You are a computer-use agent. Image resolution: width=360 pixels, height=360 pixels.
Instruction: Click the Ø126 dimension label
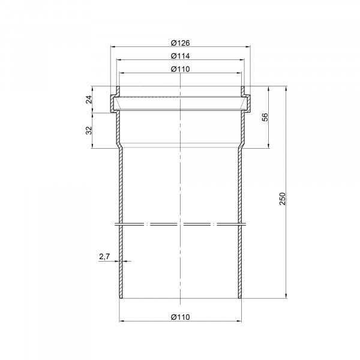[x=180, y=43]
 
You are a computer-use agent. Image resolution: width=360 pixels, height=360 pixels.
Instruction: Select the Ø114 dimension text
[x=180, y=56]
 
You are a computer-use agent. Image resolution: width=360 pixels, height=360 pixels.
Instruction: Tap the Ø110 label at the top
[x=180, y=69]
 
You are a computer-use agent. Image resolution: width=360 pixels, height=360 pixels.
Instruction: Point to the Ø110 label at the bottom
[x=180, y=317]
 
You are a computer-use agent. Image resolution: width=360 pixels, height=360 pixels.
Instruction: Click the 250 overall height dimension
[x=283, y=199]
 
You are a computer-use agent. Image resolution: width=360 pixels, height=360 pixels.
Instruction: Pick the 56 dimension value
[x=265, y=117]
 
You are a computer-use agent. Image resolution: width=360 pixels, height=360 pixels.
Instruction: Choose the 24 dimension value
[x=89, y=100]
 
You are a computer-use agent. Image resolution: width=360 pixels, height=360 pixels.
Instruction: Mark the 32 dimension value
[x=89, y=130]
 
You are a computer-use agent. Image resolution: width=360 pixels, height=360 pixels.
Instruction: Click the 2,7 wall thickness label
[x=104, y=256]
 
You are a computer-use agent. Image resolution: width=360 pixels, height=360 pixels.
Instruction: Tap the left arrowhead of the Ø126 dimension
[x=113, y=47]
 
